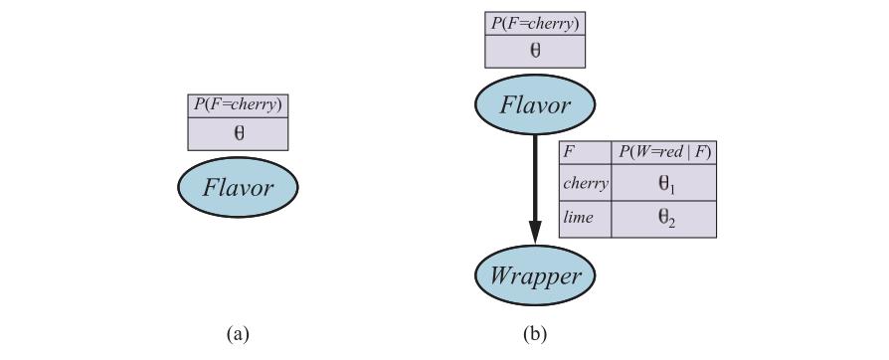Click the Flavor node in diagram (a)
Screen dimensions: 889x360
(x=238, y=188)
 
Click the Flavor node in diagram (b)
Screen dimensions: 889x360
(x=535, y=104)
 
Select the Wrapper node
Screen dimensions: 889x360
(x=535, y=276)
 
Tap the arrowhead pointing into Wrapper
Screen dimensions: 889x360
(x=535, y=233)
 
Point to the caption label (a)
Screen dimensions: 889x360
(x=238, y=333)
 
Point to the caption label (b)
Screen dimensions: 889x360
(x=535, y=333)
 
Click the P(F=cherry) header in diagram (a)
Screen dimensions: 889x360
(x=238, y=106)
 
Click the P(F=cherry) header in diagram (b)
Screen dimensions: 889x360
(x=535, y=24)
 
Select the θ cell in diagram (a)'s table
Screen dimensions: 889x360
(x=238, y=134)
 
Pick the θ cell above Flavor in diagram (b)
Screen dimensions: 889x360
(x=535, y=52)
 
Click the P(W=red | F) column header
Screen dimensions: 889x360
(x=663, y=153)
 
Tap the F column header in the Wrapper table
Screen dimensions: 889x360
(x=585, y=153)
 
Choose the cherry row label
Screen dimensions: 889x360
(x=585, y=183)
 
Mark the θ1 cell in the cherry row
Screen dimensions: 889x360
(x=663, y=183)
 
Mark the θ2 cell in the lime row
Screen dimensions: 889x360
(x=663, y=219)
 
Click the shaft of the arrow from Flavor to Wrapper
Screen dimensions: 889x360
(x=535, y=178)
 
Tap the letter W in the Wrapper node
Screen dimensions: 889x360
(x=503, y=276)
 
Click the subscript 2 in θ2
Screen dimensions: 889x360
(x=671, y=224)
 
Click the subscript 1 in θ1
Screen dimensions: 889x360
(x=671, y=188)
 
